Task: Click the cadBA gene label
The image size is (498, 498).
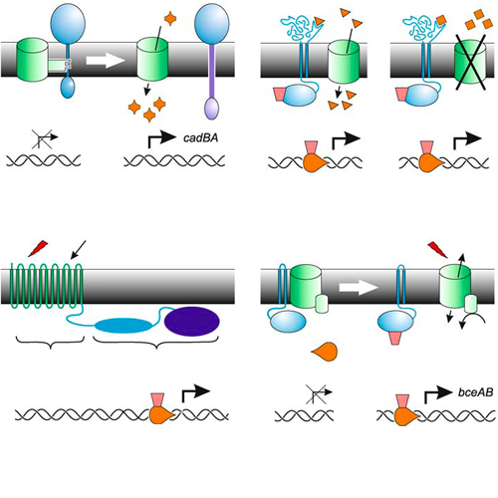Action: [x=201, y=137]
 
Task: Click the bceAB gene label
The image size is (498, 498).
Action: [x=475, y=392]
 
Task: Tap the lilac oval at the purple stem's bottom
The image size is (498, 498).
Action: [x=211, y=109]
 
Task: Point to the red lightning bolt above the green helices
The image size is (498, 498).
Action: [x=38, y=248]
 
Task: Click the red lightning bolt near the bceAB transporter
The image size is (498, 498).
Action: [x=437, y=249]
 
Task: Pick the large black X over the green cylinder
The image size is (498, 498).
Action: [x=470, y=62]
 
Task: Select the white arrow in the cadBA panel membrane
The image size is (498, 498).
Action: [x=106, y=60]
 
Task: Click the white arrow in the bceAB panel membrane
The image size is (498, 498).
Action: [x=359, y=287]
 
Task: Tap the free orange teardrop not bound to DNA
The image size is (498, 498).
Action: [x=325, y=352]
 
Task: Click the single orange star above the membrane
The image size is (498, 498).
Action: [x=170, y=19]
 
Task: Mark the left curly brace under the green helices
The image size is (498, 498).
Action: [x=50, y=343]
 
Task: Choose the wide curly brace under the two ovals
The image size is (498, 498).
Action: [x=156, y=343]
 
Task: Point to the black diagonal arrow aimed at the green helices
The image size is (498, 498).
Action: [x=78, y=250]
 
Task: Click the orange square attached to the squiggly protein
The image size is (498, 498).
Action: [x=441, y=20]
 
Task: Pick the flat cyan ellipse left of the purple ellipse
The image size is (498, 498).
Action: [x=124, y=326]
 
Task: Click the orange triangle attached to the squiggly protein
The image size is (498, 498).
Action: [x=320, y=21]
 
